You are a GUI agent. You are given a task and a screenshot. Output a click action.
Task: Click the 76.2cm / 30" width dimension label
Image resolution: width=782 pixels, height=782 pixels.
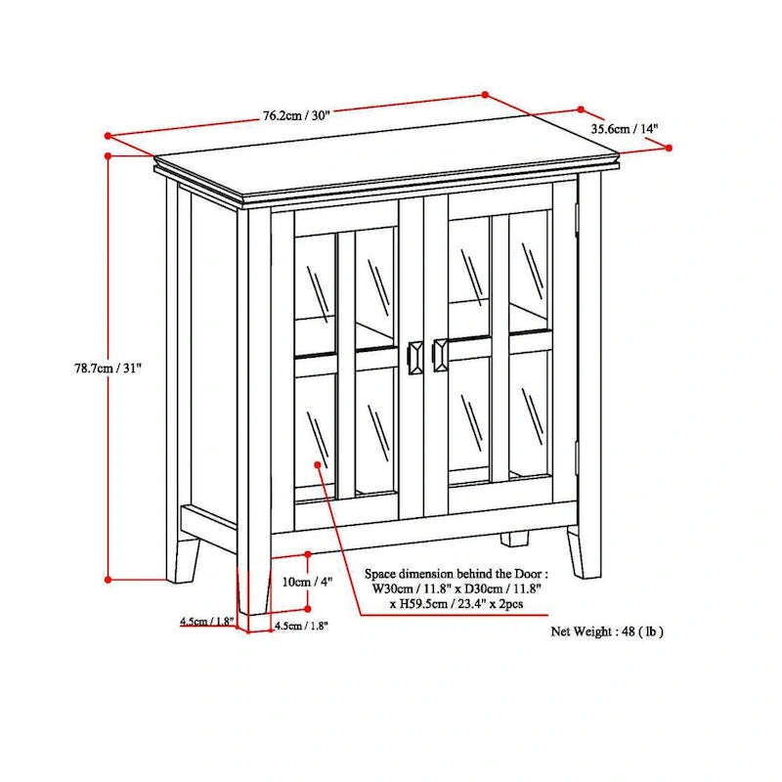tap(295, 114)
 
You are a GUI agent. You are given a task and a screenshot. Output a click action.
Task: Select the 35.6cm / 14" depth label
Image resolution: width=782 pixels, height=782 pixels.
tap(625, 128)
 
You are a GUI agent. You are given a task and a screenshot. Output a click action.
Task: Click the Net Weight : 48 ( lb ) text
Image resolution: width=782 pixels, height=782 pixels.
tap(607, 631)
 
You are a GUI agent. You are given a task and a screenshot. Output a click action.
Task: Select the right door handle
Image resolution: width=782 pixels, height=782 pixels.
tap(440, 355)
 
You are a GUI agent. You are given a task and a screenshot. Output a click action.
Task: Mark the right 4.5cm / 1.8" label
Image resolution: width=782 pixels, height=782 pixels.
tap(301, 626)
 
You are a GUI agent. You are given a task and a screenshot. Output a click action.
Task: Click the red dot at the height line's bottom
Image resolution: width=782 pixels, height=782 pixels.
tap(109, 578)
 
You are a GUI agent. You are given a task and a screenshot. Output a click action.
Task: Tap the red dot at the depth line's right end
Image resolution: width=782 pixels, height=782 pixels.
tap(669, 148)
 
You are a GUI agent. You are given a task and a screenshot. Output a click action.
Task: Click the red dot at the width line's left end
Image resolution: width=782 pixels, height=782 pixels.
tap(109, 136)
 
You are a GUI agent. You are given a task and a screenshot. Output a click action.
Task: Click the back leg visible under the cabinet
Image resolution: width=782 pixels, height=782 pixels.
tap(515, 538)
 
